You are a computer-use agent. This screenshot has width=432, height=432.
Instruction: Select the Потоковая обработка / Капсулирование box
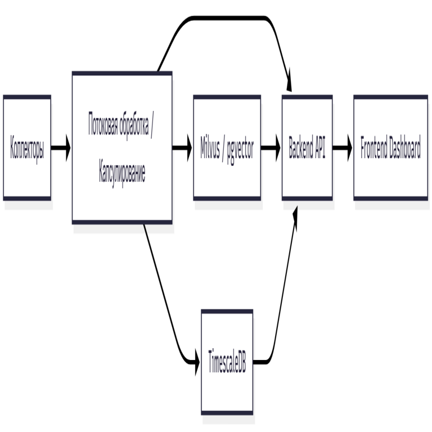pos(122,148)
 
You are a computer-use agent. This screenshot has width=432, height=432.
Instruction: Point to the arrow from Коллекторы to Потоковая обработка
pos(61,149)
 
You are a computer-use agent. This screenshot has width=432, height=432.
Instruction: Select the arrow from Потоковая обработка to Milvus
pos(182,149)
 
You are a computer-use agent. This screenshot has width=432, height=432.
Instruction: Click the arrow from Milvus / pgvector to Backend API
pos(271,149)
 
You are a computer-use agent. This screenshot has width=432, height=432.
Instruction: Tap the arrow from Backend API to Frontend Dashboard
pos(343,149)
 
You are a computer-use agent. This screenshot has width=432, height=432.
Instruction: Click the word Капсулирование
pos(122,173)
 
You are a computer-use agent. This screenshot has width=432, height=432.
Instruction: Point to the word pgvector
pos(241,150)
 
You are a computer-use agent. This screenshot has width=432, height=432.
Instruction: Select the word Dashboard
pos(403,148)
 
